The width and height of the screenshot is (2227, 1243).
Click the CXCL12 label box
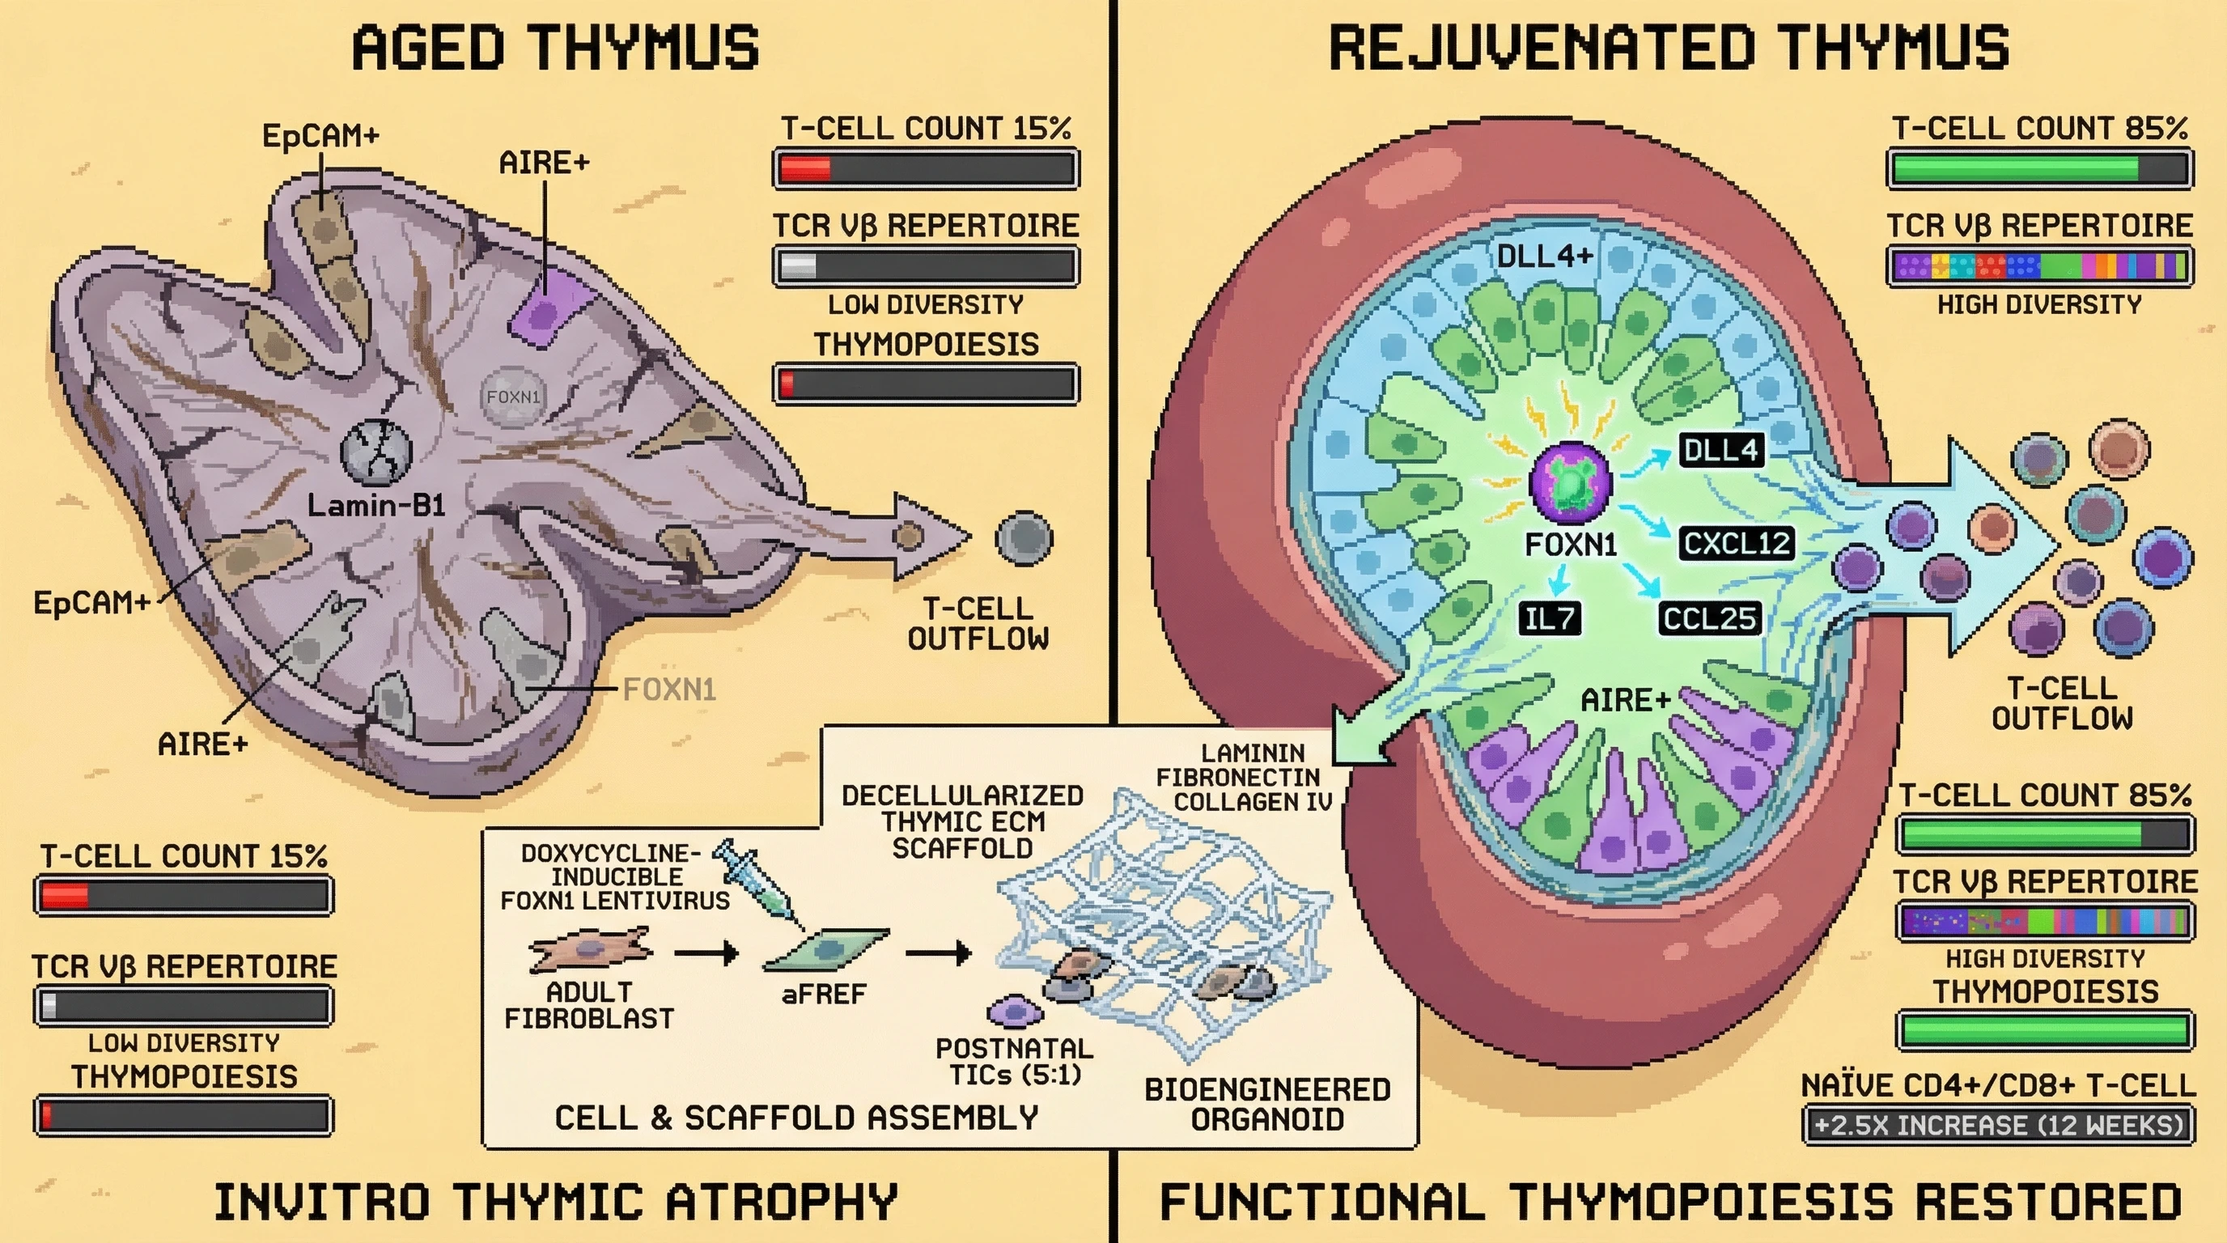[x=1737, y=544]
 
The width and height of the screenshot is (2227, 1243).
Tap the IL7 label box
[x=1550, y=619]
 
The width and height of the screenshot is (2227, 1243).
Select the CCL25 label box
[x=1709, y=619]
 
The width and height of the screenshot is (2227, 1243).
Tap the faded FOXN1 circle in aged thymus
[x=514, y=397]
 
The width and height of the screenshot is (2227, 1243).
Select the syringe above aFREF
[x=754, y=878]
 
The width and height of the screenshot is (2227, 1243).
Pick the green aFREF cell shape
[x=826, y=950]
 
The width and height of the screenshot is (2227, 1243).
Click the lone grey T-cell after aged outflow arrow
[x=1024, y=538]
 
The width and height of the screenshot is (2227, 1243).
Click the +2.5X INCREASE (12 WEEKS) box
[x=1999, y=1126]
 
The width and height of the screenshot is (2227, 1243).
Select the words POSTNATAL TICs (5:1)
[x=1014, y=1062]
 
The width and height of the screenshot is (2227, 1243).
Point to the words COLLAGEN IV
[x=1252, y=802]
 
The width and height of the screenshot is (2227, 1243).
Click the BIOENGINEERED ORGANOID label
[x=1267, y=1104]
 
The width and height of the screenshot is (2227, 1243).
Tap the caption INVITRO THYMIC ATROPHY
[x=555, y=1202]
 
